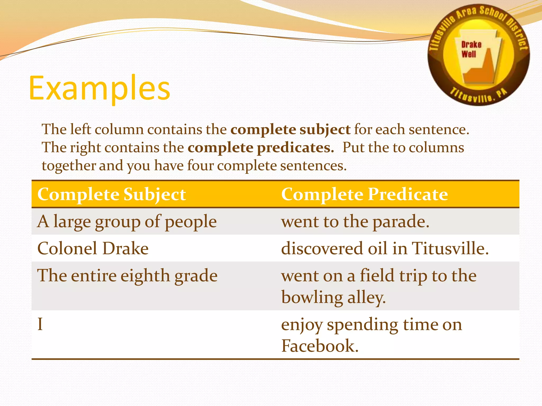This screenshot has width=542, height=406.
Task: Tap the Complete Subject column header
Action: [111, 195]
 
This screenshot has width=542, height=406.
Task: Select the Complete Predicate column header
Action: [364, 195]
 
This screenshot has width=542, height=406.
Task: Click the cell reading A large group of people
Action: [127, 222]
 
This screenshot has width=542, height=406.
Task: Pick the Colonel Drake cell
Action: [93, 248]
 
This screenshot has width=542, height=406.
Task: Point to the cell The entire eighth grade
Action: [127, 276]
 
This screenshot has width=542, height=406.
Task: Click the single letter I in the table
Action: [40, 324]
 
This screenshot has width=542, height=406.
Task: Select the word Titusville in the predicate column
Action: [450, 248]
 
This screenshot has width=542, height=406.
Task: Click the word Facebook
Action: [319, 346]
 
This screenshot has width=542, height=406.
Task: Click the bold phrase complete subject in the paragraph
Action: [290, 130]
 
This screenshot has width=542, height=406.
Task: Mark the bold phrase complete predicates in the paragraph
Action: [261, 147]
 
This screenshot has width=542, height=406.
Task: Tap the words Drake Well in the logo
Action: [471, 49]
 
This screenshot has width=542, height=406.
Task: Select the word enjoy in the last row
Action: [302, 325]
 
